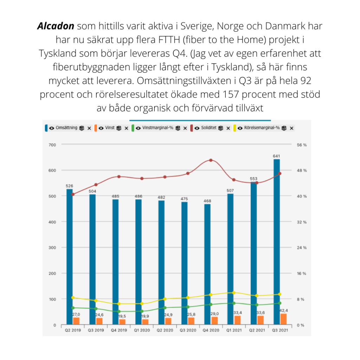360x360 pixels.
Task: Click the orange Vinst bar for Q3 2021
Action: click(x=283, y=319)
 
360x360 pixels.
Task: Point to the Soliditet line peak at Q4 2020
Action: click(x=211, y=160)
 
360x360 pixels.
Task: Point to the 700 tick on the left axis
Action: click(x=52, y=144)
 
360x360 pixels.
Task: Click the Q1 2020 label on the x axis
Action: click(x=142, y=330)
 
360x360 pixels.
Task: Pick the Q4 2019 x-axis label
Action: click(x=118, y=330)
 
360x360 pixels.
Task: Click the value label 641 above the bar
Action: click(x=277, y=156)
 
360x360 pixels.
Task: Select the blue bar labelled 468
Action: click(x=207, y=264)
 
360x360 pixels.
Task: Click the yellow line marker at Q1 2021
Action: click(x=234, y=292)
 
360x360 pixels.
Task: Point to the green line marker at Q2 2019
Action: click(x=73, y=308)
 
